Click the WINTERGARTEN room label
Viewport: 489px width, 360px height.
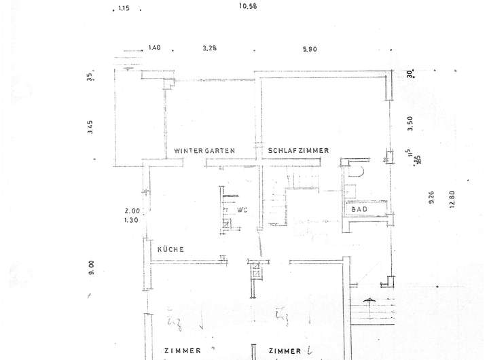[204, 150]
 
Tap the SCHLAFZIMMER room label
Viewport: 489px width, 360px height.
[299, 150]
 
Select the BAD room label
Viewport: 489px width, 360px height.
[360, 210]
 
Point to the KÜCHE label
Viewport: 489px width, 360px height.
[170, 249]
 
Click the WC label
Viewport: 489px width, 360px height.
[242, 209]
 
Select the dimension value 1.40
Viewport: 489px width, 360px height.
[154, 48]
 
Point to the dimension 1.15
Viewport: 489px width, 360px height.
[123, 9]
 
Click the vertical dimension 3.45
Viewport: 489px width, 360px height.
[90, 127]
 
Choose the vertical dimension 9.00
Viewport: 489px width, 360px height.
[90, 267]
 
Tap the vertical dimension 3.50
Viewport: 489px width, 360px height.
[409, 123]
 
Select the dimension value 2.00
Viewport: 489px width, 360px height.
[132, 211]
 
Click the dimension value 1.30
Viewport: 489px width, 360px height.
[132, 220]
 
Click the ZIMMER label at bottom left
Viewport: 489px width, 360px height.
[182, 351]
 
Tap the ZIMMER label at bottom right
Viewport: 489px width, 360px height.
[285, 351]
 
